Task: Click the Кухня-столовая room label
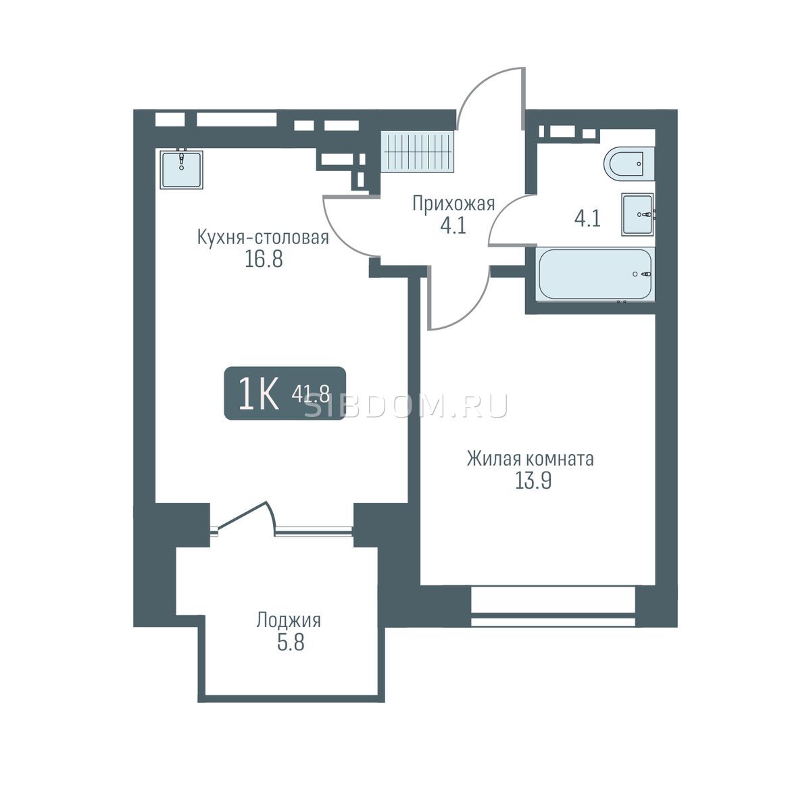(x=263, y=238)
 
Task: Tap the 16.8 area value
(x=264, y=259)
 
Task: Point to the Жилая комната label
(x=531, y=459)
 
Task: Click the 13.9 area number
(x=533, y=481)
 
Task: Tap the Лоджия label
(x=289, y=620)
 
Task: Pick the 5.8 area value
(x=291, y=642)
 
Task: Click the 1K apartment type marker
(x=258, y=393)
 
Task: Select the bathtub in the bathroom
(x=595, y=274)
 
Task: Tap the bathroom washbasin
(x=638, y=214)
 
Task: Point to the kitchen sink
(x=181, y=169)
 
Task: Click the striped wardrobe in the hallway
(x=419, y=151)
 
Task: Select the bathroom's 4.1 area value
(x=587, y=219)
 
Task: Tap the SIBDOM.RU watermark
(x=407, y=406)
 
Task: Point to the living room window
(x=553, y=606)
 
